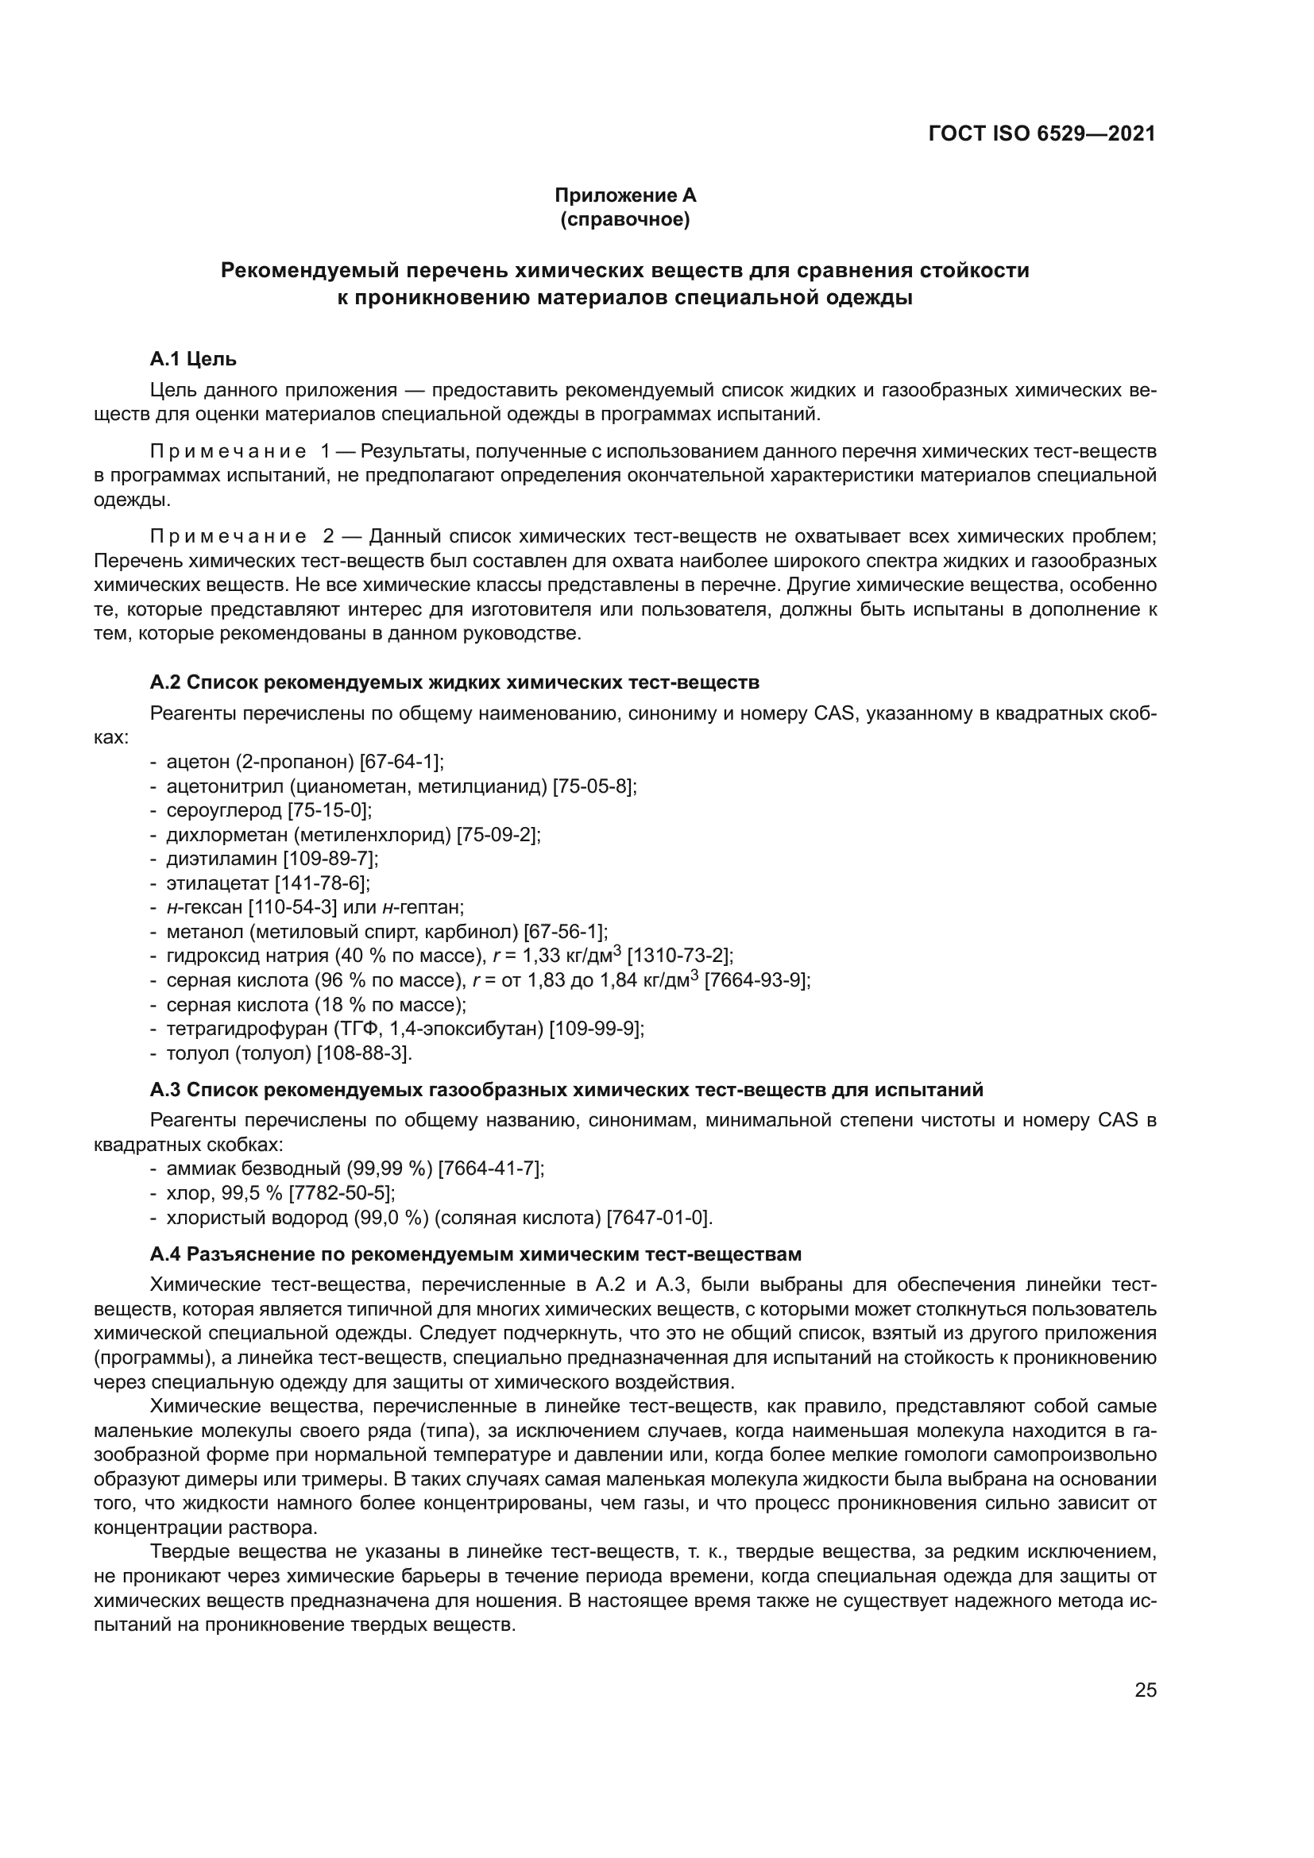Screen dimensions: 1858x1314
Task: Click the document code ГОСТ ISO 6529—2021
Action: pos(1042,134)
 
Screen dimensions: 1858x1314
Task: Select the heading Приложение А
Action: pos(624,195)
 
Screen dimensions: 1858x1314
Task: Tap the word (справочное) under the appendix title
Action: pos(624,219)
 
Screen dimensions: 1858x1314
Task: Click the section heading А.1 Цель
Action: pos(192,358)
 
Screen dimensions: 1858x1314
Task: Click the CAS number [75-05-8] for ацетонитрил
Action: pos(594,786)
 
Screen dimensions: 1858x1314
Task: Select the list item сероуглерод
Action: pos(223,810)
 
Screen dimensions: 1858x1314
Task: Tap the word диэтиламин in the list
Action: pos(222,859)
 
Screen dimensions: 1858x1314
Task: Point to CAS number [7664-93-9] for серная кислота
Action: pos(756,981)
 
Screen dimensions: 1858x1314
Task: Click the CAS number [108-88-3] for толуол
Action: pos(363,1053)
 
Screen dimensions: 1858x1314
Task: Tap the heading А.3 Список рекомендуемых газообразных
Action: pos(566,1090)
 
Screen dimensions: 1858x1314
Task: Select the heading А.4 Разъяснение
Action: pos(475,1254)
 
